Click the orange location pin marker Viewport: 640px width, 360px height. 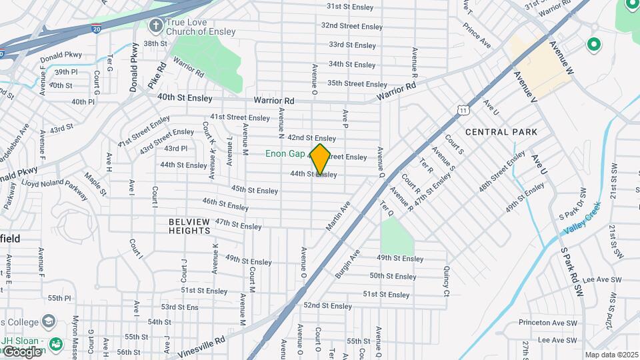(x=320, y=158)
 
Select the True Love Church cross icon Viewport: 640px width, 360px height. (x=155, y=26)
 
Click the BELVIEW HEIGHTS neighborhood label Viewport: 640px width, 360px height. (x=189, y=226)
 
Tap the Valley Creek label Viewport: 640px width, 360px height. (x=581, y=219)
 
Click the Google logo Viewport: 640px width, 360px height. (x=21, y=351)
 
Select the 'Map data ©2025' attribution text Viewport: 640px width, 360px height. (x=611, y=355)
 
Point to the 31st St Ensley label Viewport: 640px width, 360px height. (x=351, y=7)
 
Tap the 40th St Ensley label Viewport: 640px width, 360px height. (x=185, y=98)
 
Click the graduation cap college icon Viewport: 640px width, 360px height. (x=48, y=321)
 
